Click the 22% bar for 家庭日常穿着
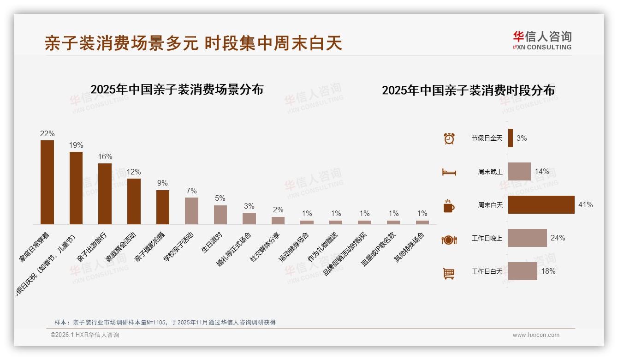47,182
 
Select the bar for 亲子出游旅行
105,194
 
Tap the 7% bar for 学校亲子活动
191,211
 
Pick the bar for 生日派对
220,215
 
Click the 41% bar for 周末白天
541,204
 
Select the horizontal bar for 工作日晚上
527,238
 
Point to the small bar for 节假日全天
511,138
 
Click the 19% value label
76,145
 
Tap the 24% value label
558,238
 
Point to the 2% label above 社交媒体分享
278,210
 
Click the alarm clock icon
449,138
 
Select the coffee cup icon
449,206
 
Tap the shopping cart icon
449,273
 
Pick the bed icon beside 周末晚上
449,172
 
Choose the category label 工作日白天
487,271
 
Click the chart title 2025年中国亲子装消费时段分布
468,90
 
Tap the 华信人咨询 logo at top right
542,40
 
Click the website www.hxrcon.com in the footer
536,335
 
